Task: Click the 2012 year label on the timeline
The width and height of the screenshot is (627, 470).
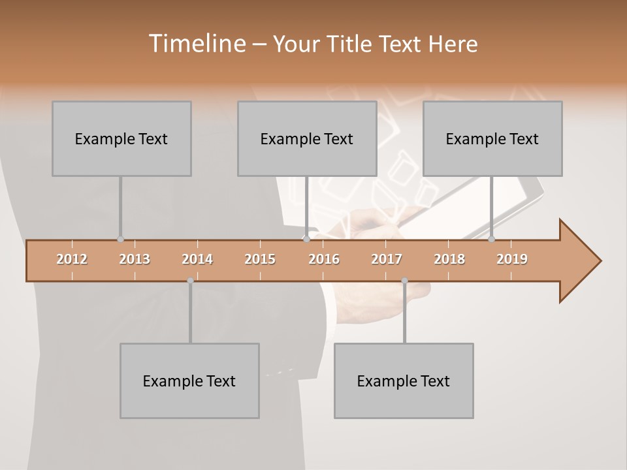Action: pos(72,259)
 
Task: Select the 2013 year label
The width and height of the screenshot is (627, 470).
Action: pos(135,259)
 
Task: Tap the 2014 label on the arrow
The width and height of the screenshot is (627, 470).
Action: pos(197,259)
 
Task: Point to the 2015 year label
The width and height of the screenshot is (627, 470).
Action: pos(260,259)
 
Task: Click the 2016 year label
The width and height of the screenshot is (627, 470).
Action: pos(324,259)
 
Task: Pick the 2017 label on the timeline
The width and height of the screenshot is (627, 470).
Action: pos(387,259)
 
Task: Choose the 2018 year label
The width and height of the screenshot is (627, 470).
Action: pos(449,259)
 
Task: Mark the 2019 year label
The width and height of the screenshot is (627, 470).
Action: pos(512,259)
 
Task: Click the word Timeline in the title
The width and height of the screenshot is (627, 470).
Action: pos(196,44)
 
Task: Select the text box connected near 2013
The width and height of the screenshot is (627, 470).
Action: pos(121,138)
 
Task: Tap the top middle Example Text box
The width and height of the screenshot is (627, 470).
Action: pos(307,138)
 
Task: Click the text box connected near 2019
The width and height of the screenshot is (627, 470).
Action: pos(492,138)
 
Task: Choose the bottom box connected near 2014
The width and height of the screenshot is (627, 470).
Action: pos(189,381)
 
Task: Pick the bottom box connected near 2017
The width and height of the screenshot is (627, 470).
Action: pos(404,381)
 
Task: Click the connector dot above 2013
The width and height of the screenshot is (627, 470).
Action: pos(120,240)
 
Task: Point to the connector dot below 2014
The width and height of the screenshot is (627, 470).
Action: pos(190,281)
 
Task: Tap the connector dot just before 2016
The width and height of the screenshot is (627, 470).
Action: pos(306,240)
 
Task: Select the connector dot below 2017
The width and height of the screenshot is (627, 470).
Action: pos(404,281)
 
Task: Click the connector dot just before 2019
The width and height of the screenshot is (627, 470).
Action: pos(492,240)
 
